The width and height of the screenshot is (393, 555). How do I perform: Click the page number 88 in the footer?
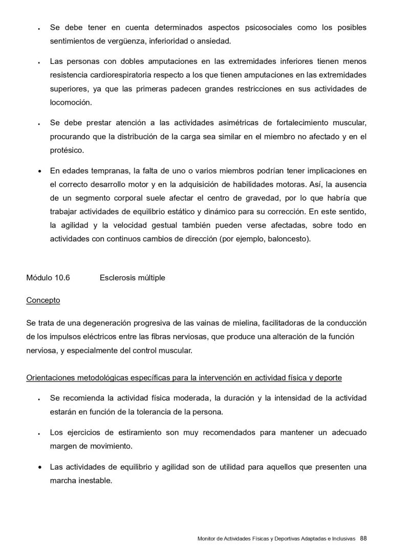pos(363,538)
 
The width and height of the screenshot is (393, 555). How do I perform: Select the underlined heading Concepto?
pos(43,300)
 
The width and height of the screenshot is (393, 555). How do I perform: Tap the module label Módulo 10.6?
pos(48,278)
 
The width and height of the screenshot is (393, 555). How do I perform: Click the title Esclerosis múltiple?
pos(133,278)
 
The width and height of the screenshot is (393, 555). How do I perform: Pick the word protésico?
pos(67,151)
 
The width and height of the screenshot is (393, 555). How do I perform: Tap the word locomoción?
pos(71,102)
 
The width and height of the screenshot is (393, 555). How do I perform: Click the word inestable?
pos(95,481)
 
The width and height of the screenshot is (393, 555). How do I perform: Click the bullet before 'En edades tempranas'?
pos(39,170)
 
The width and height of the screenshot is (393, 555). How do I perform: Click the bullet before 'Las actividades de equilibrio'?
pos(39,467)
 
